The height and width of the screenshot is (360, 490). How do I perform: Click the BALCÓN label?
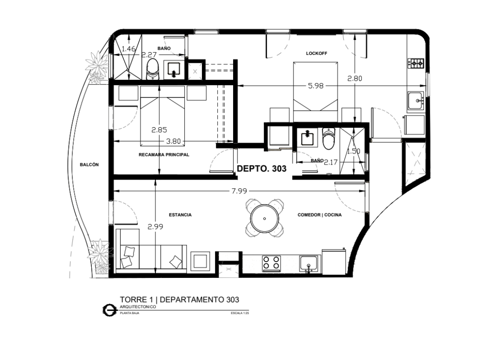[x=89, y=165]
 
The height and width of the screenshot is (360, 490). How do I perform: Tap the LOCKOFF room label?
[x=317, y=54]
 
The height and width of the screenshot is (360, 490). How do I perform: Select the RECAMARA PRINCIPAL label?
[x=164, y=155]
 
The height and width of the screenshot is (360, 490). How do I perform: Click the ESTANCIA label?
[x=180, y=215]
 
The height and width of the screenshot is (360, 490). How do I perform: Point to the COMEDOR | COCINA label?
[x=319, y=215]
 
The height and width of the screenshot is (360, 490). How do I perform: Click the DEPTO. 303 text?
[x=262, y=169]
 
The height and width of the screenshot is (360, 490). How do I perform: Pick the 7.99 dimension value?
[x=239, y=191]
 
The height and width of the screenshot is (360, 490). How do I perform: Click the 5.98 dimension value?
[x=316, y=86]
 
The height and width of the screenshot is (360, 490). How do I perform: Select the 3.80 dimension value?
[x=173, y=141]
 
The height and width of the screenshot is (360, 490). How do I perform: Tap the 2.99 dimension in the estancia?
[x=155, y=227]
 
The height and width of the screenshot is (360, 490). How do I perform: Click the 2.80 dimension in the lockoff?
[x=355, y=78]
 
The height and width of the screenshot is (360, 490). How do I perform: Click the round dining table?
[x=264, y=219]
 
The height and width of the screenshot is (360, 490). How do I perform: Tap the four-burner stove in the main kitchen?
[x=271, y=263]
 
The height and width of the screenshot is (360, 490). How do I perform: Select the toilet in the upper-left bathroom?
[x=152, y=70]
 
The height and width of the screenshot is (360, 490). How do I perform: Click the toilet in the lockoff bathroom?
[x=329, y=139]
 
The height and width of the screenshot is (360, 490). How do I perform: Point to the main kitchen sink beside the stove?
[x=308, y=264]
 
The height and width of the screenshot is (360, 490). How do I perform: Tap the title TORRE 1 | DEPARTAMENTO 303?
[x=180, y=300]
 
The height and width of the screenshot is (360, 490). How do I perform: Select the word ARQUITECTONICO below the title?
[x=138, y=307]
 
